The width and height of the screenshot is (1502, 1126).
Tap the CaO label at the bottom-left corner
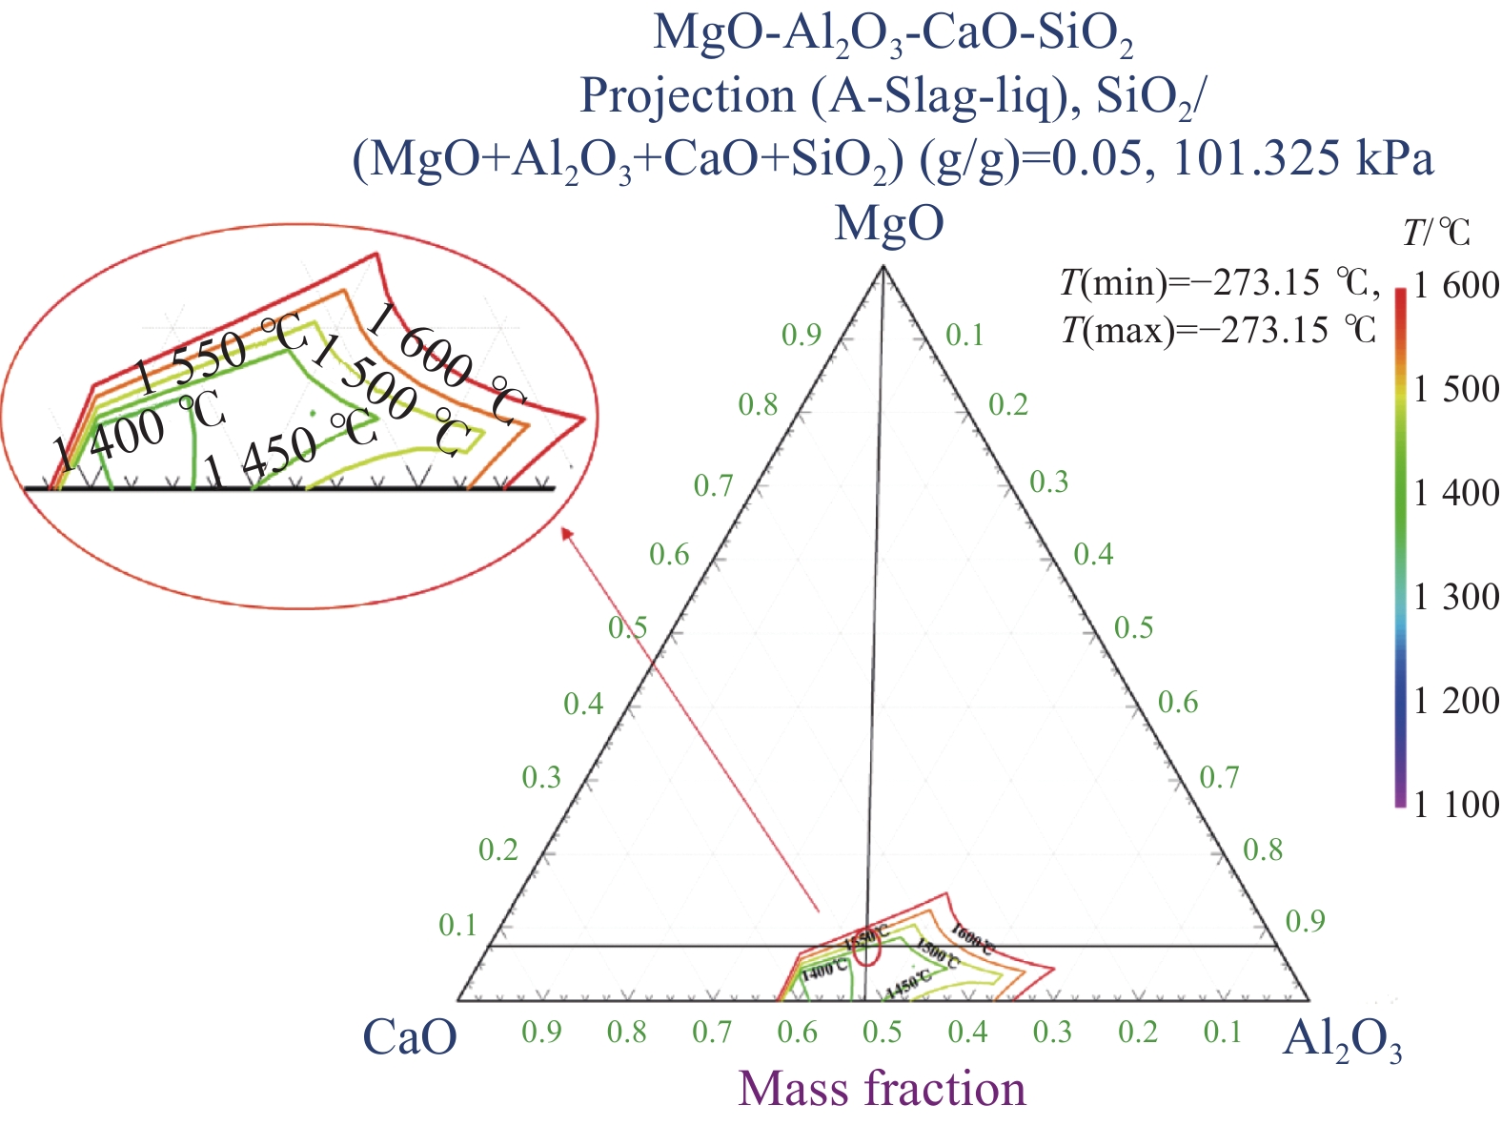[410, 1037]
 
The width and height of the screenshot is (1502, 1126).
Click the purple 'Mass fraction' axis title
[882, 1089]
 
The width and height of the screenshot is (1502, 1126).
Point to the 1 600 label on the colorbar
[1456, 286]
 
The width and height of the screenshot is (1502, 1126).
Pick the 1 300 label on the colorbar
[1456, 598]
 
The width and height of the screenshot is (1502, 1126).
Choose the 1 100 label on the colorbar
[1456, 806]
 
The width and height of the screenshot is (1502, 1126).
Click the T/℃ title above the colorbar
[1437, 232]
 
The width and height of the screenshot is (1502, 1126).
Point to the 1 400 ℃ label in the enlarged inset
[138, 432]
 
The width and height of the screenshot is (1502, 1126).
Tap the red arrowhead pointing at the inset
[566, 533]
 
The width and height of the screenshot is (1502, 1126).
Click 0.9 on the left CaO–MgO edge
[801, 335]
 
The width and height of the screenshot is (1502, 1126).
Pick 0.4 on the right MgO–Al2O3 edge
[1093, 554]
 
